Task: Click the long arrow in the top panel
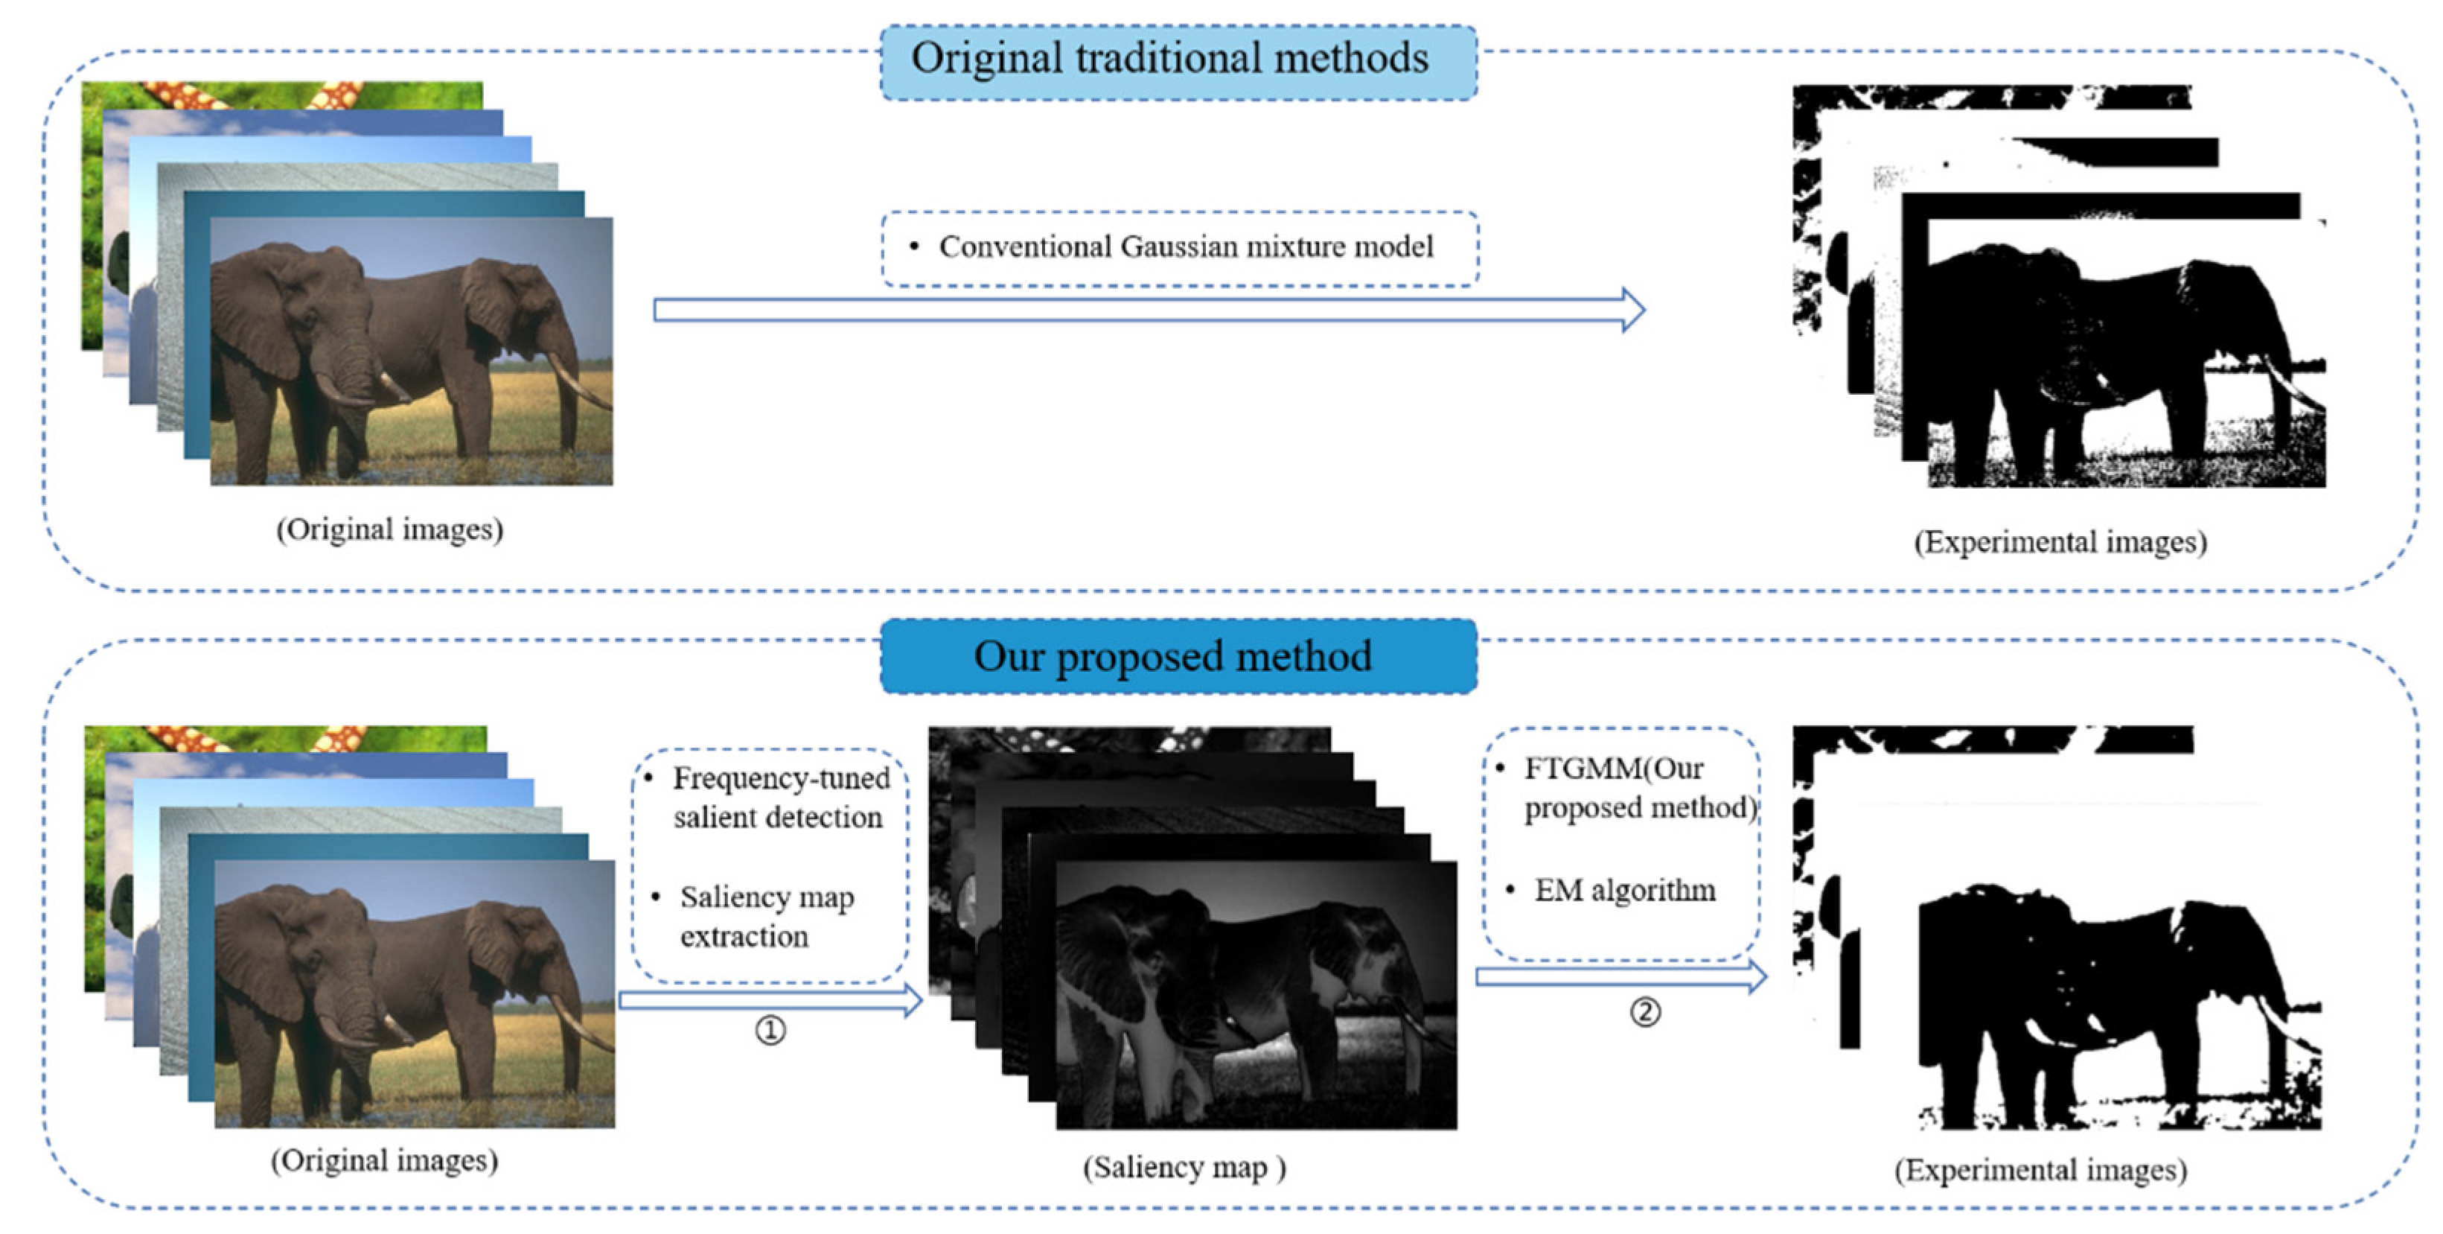click(1148, 310)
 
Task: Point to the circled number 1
click(770, 1030)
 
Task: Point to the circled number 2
click(1646, 1012)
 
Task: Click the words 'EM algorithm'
click(1624, 891)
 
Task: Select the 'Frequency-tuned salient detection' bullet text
click(779, 798)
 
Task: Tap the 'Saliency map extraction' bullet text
click(765, 916)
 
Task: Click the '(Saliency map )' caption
click(1184, 1167)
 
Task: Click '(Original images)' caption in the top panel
click(390, 529)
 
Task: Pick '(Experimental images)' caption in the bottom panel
click(2041, 1169)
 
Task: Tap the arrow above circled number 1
click(770, 999)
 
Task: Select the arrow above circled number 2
click(1620, 977)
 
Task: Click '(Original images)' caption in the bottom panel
click(384, 1160)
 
